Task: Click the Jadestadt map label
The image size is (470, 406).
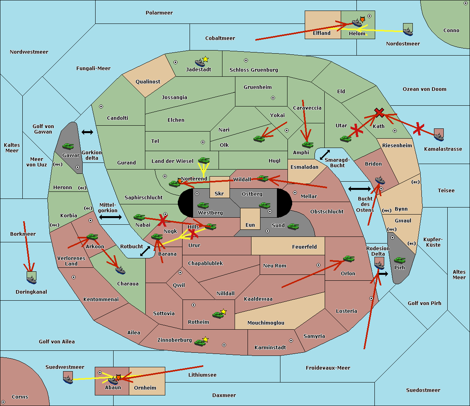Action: point(198,70)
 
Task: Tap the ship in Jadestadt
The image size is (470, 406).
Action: point(200,63)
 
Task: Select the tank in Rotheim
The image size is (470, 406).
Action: point(218,314)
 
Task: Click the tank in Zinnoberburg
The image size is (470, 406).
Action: point(201,342)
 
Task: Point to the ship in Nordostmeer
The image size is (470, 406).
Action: point(408,30)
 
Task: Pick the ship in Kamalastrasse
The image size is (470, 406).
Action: point(439,135)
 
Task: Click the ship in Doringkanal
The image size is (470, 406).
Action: point(31,278)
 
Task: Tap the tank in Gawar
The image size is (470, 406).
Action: point(68,146)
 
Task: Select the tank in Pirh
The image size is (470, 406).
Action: point(399,260)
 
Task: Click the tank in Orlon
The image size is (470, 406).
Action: point(349,259)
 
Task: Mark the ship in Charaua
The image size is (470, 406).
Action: point(121,270)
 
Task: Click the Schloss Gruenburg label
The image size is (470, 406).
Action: point(253,70)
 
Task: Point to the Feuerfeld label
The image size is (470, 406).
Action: point(304,247)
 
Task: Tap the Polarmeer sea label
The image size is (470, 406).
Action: point(159,13)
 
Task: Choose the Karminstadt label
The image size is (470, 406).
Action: point(270,348)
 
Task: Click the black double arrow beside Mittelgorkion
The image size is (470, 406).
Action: point(110,217)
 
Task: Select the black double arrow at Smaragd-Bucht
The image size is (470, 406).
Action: point(325,155)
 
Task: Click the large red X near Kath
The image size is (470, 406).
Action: point(379,113)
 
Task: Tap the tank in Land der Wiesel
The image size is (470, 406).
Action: point(204,161)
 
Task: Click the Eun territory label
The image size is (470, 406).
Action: point(250,225)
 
